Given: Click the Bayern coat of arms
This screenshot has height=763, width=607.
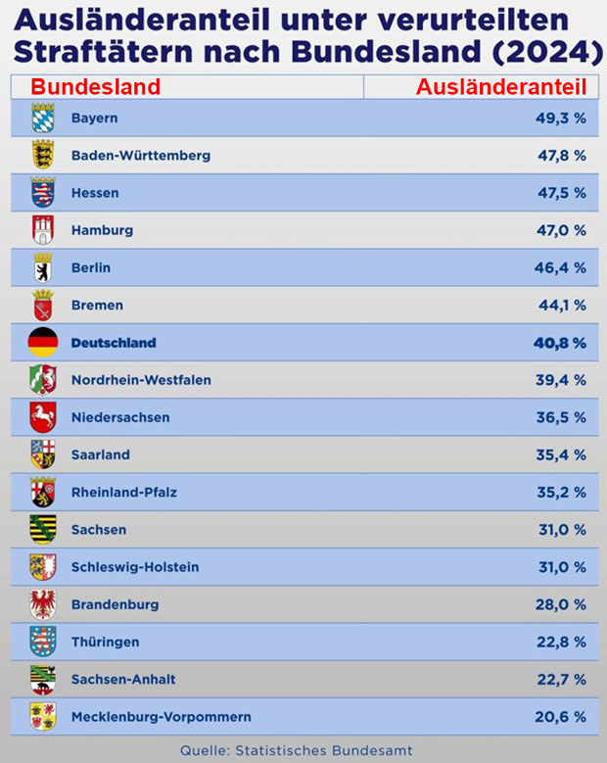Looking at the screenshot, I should tap(43, 119).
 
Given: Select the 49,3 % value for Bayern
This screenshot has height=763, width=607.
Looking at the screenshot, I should tap(559, 119).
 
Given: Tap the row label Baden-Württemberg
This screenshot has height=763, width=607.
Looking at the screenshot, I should tap(140, 156).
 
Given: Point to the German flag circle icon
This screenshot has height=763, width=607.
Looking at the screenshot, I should tap(43, 343).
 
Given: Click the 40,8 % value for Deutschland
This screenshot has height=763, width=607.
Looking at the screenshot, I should tap(559, 343).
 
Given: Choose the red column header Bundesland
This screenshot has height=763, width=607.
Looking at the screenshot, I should tap(95, 86).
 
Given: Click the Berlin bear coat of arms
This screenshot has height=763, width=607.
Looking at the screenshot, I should tap(43, 267).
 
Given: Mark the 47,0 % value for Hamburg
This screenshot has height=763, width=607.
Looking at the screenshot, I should tap(559, 231).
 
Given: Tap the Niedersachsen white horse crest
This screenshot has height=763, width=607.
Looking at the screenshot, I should tap(43, 417).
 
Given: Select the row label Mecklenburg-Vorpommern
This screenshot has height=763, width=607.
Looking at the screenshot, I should tap(161, 717).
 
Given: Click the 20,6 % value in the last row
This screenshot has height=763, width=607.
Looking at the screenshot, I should tap(559, 717).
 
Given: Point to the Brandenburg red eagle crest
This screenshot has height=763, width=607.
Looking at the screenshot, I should tap(43, 604).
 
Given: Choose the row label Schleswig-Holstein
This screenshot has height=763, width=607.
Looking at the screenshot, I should tap(135, 567).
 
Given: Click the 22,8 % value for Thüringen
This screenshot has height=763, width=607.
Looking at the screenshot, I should tap(559, 643).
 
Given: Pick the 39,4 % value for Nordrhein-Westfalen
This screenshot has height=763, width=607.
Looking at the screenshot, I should tap(559, 380).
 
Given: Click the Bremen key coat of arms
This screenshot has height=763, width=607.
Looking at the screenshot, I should tap(43, 305).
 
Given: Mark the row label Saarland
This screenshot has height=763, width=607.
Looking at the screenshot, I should tap(101, 455).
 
